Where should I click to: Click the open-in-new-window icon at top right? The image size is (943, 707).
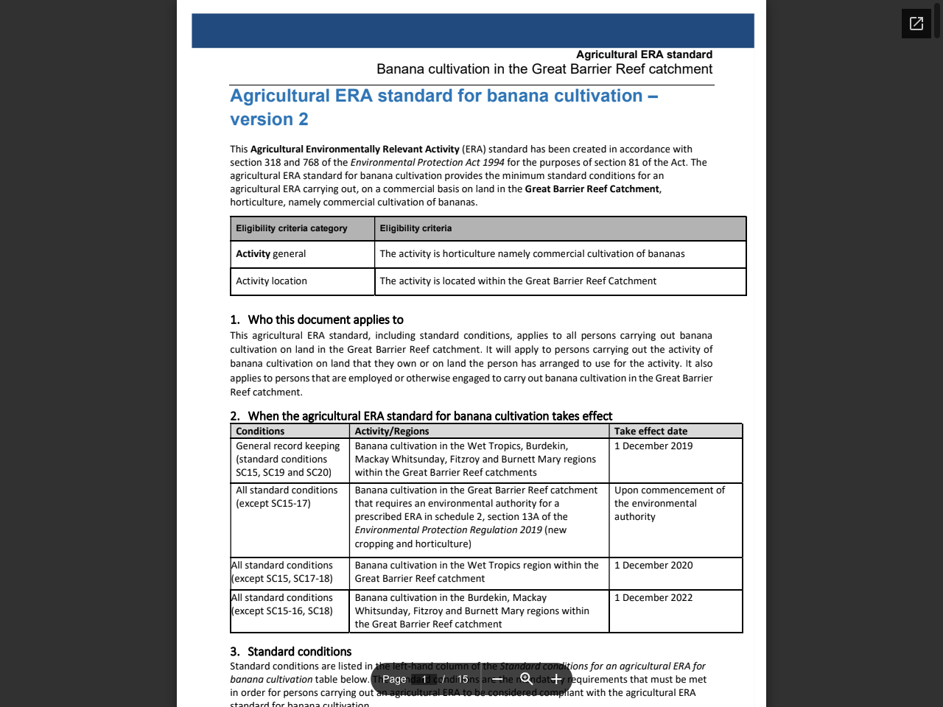point(916,24)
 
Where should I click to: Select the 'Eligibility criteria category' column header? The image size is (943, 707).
point(292,228)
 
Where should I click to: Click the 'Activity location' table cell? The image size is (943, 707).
point(272,281)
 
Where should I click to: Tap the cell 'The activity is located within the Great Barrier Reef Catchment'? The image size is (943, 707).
point(518,281)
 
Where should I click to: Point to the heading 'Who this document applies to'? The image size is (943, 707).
point(325,320)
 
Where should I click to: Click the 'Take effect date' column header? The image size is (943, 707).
point(651,432)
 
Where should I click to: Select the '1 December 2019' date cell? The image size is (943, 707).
point(653,446)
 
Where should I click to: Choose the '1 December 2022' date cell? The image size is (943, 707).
point(653,598)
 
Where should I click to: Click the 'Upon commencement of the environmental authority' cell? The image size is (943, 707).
point(669,504)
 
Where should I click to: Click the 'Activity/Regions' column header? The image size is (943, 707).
point(392,432)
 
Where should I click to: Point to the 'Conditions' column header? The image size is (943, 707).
point(260,432)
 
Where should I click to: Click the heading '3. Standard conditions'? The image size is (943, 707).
point(299,652)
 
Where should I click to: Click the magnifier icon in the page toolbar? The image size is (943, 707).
point(526,679)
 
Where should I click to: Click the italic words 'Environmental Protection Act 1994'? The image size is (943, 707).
point(427,163)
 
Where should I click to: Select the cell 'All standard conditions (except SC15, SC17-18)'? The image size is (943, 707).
point(282,572)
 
